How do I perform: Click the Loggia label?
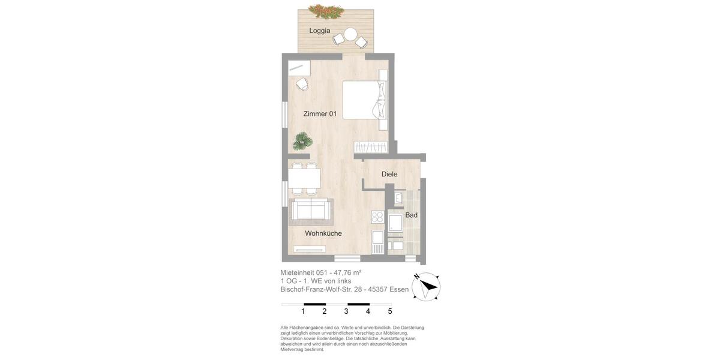coord(320,31)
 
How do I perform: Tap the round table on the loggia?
coord(350,35)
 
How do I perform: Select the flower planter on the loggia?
coord(326,11)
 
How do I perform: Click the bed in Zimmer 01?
coord(364,100)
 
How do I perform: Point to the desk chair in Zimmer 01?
coord(302,84)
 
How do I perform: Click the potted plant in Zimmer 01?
coord(302,142)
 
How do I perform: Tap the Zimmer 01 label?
coord(320,114)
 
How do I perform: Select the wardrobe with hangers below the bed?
coord(371,146)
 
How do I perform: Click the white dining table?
coord(304,178)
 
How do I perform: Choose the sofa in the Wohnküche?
coord(310,211)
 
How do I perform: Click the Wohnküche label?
coord(323,233)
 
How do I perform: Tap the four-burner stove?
coord(377,217)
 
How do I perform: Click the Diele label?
coord(389,175)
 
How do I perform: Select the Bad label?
coord(411,215)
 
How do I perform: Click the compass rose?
coord(426,286)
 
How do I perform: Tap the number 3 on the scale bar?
coord(346,311)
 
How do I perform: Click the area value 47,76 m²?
coord(347,272)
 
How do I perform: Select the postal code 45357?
coord(377,290)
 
